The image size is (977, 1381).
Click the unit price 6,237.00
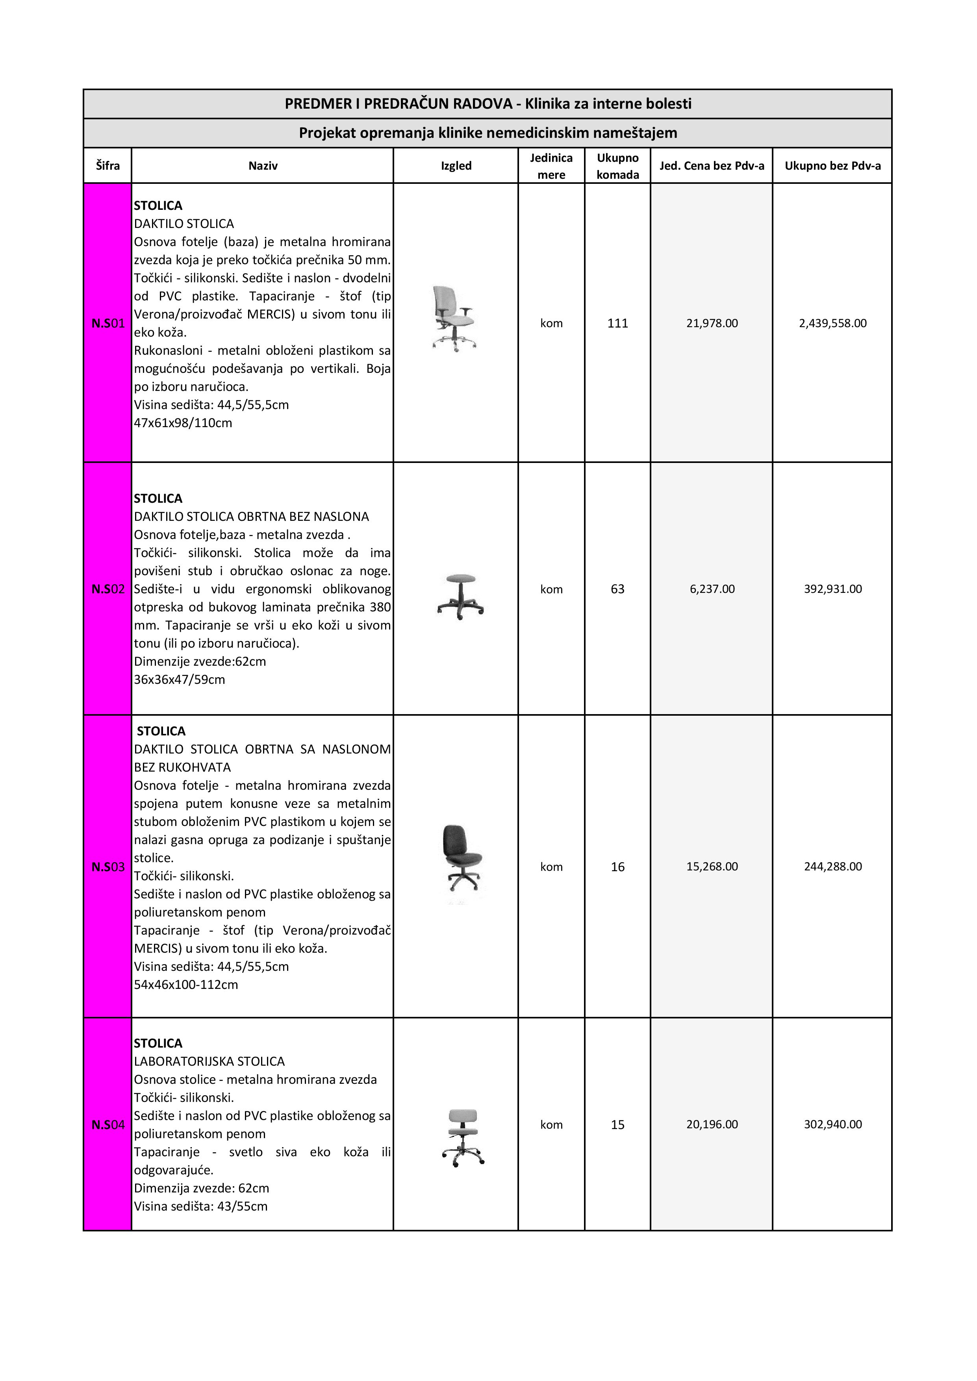[712, 589]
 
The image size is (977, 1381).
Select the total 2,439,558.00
[832, 324]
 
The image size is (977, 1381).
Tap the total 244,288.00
[832, 867]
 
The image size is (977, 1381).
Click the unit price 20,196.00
[712, 1125]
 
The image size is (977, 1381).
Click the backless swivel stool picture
[460, 597]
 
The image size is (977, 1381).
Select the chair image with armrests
[452, 318]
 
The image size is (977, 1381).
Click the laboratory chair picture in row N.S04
[463, 1138]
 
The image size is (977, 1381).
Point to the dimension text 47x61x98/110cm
[183, 423]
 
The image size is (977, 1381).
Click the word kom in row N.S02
[551, 589]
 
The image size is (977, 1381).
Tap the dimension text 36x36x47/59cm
[179, 679]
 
